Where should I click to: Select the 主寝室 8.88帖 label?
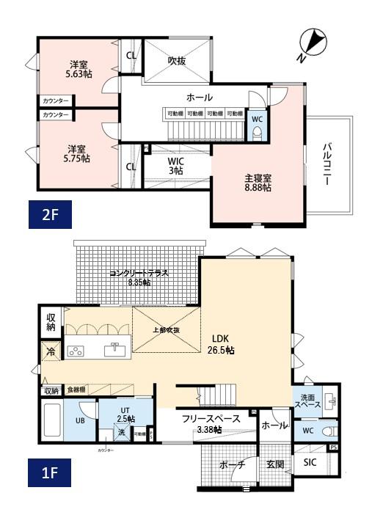click(258, 182)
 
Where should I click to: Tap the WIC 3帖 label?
click(175, 165)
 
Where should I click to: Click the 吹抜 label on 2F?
click(176, 61)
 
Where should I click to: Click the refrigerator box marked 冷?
click(51, 351)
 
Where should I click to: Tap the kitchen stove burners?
click(76, 351)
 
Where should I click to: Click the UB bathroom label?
click(79, 421)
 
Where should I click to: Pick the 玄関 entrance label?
click(275, 464)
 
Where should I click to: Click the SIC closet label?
click(310, 463)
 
